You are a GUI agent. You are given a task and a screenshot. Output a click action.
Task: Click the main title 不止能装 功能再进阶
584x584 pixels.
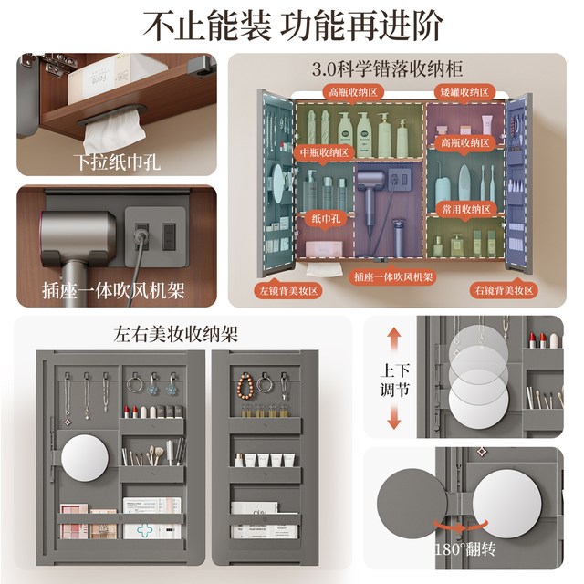pyautogui.click(x=293, y=26)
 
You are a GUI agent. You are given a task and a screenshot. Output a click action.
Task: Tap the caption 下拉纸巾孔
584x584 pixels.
pyautogui.click(x=117, y=162)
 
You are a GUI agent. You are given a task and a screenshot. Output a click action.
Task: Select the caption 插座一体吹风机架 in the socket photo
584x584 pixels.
pyautogui.click(x=113, y=290)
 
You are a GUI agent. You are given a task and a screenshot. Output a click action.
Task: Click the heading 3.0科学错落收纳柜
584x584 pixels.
pyautogui.click(x=387, y=69)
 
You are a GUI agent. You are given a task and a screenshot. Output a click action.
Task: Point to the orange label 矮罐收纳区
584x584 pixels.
pyautogui.click(x=464, y=92)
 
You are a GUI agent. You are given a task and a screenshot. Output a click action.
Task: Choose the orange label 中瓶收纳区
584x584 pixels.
pyautogui.click(x=325, y=152)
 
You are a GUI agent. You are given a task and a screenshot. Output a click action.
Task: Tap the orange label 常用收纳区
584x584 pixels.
pyautogui.click(x=466, y=209)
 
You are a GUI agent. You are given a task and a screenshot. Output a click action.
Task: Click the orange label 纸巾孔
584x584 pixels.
pyautogui.click(x=326, y=218)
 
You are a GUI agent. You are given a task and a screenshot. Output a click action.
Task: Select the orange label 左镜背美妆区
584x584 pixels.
pyautogui.click(x=288, y=290)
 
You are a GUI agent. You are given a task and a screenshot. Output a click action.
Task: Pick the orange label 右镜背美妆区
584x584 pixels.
pyautogui.click(x=504, y=290)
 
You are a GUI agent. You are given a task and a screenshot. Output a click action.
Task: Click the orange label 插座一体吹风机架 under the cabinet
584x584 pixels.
pyautogui.click(x=393, y=277)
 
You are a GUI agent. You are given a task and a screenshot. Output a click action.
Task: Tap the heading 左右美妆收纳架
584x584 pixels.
pyautogui.click(x=176, y=334)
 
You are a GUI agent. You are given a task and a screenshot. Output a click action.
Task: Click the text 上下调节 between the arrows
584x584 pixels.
pyautogui.click(x=394, y=380)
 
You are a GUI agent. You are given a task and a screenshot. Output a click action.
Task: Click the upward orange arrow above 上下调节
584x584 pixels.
pyautogui.click(x=394, y=340)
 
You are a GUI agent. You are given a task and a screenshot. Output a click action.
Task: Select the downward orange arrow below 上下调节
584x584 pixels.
pyautogui.click(x=393, y=416)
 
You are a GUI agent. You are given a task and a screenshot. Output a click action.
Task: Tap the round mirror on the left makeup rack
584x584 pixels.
pyautogui.click(x=85, y=458)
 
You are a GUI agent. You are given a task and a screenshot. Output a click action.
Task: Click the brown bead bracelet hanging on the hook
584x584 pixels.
pyautogui.click(x=245, y=386)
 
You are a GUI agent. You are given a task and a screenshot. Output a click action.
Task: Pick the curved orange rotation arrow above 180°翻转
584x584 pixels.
pyautogui.click(x=461, y=527)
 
